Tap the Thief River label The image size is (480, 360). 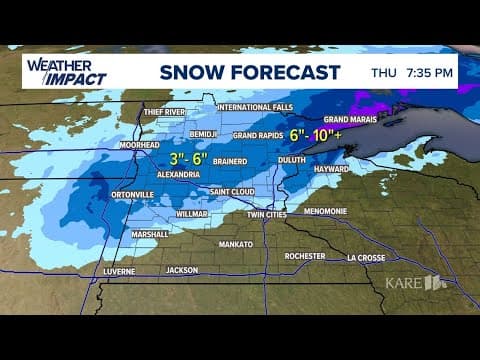pyautogui.click(x=165, y=112)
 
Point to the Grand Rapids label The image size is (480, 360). pyautogui.click(x=259, y=135)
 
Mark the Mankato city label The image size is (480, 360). pyautogui.click(x=236, y=243)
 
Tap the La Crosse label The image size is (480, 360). pyautogui.click(x=367, y=257)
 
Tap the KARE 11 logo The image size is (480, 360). pyautogui.click(x=415, y=283)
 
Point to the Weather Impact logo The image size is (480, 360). pyautogui.click(x=64, y=72)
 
